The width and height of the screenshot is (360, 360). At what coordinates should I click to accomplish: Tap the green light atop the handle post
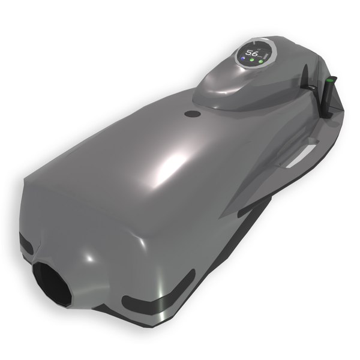click(x=329, y=79)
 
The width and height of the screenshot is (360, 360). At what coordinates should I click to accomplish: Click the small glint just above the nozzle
click(x=88, y=257)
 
